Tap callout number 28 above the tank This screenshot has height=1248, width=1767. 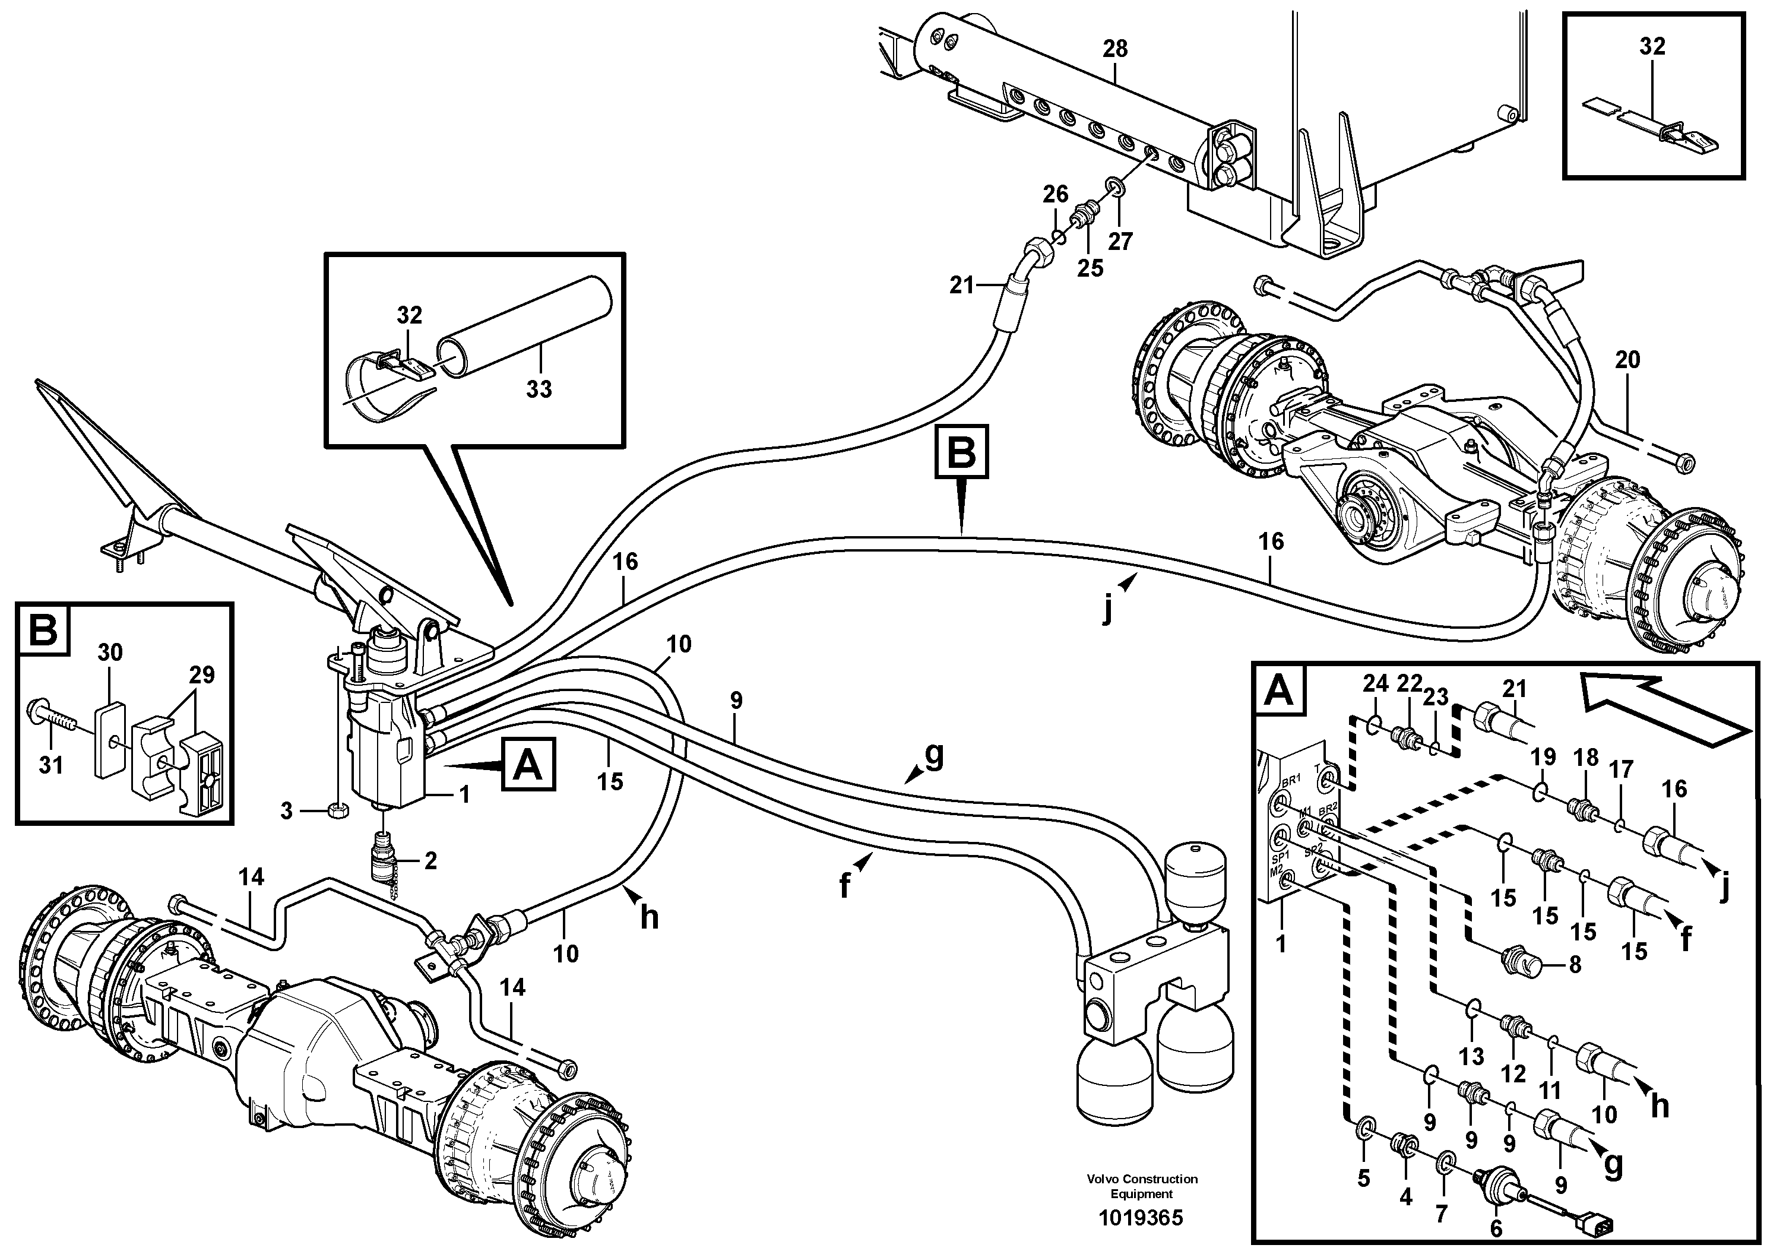(x=1114, y=49)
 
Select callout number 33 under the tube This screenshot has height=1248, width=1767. (x=539, y=389)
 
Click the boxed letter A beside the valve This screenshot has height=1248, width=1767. (x=528, y=765)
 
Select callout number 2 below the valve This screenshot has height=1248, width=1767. (x=430, y=860)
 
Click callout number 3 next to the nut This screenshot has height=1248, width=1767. (x=286, y=811)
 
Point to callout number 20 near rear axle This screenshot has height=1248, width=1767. (x=1627, y=360)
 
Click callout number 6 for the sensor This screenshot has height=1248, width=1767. (x=1495, y=1229)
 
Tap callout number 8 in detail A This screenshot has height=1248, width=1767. (x=1575, y=965)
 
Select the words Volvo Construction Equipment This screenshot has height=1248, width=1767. (x=1142, y=1186)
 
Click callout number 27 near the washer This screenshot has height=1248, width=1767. (x=1120, y=242)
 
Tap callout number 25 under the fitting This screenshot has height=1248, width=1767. (x=1090, y=268)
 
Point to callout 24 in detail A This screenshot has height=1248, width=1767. (x=1375, y=683)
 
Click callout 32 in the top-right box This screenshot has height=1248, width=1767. (x=1652, y=47)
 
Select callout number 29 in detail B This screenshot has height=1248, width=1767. (x=202, y=676)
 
